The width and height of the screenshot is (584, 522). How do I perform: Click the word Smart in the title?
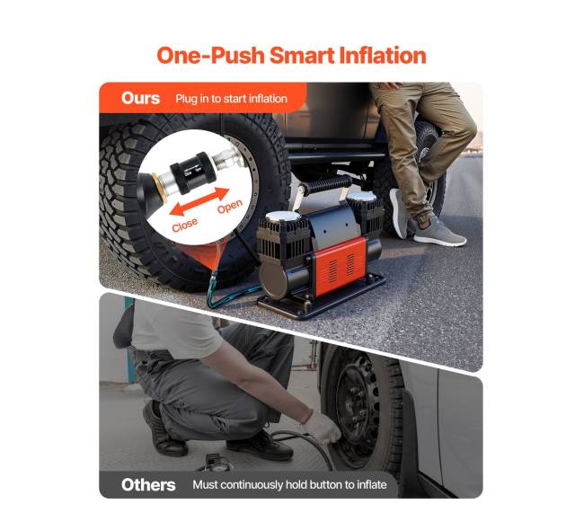click(x=303, y=56)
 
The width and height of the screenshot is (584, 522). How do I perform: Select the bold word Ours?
click(x=140, y=98)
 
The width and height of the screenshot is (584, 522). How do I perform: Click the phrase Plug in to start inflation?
click(x=231, y=99)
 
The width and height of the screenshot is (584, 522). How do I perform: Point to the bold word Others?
click(x=148, y=485)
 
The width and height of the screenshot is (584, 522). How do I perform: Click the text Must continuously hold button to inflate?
click(x=289, y=485)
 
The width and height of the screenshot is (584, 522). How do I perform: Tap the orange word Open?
click(x=230, y=207)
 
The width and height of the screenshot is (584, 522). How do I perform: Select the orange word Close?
click(x=185, y=225)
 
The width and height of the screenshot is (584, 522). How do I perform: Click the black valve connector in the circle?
click(x=191, y=173)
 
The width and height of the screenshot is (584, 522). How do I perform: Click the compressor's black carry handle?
click(x=327, y=185)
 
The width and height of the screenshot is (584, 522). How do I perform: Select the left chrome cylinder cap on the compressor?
click(x=283, y=217)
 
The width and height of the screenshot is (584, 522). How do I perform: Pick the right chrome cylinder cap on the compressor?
click(x=362, y=197)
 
